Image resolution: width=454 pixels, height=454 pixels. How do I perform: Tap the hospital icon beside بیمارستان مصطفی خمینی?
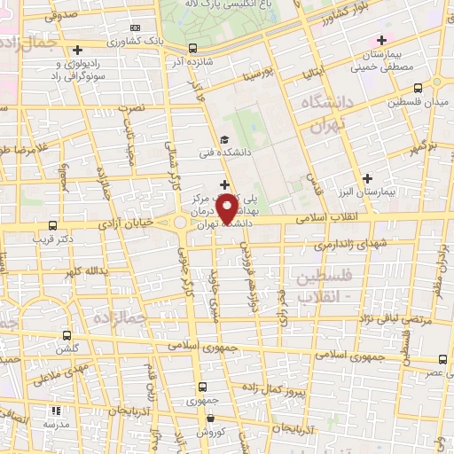(x=382, y=40)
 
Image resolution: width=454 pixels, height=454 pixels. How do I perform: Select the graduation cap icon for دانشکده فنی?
(x=224, y=139)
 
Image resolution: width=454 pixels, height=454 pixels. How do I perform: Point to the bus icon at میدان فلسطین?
(x=419, y=88)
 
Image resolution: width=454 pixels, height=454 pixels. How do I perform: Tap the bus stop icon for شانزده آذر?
(x=193, y=49)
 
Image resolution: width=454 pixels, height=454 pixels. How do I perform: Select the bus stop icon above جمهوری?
(x=202, y=387)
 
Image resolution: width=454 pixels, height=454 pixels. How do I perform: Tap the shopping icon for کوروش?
(x=210, y=417)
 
